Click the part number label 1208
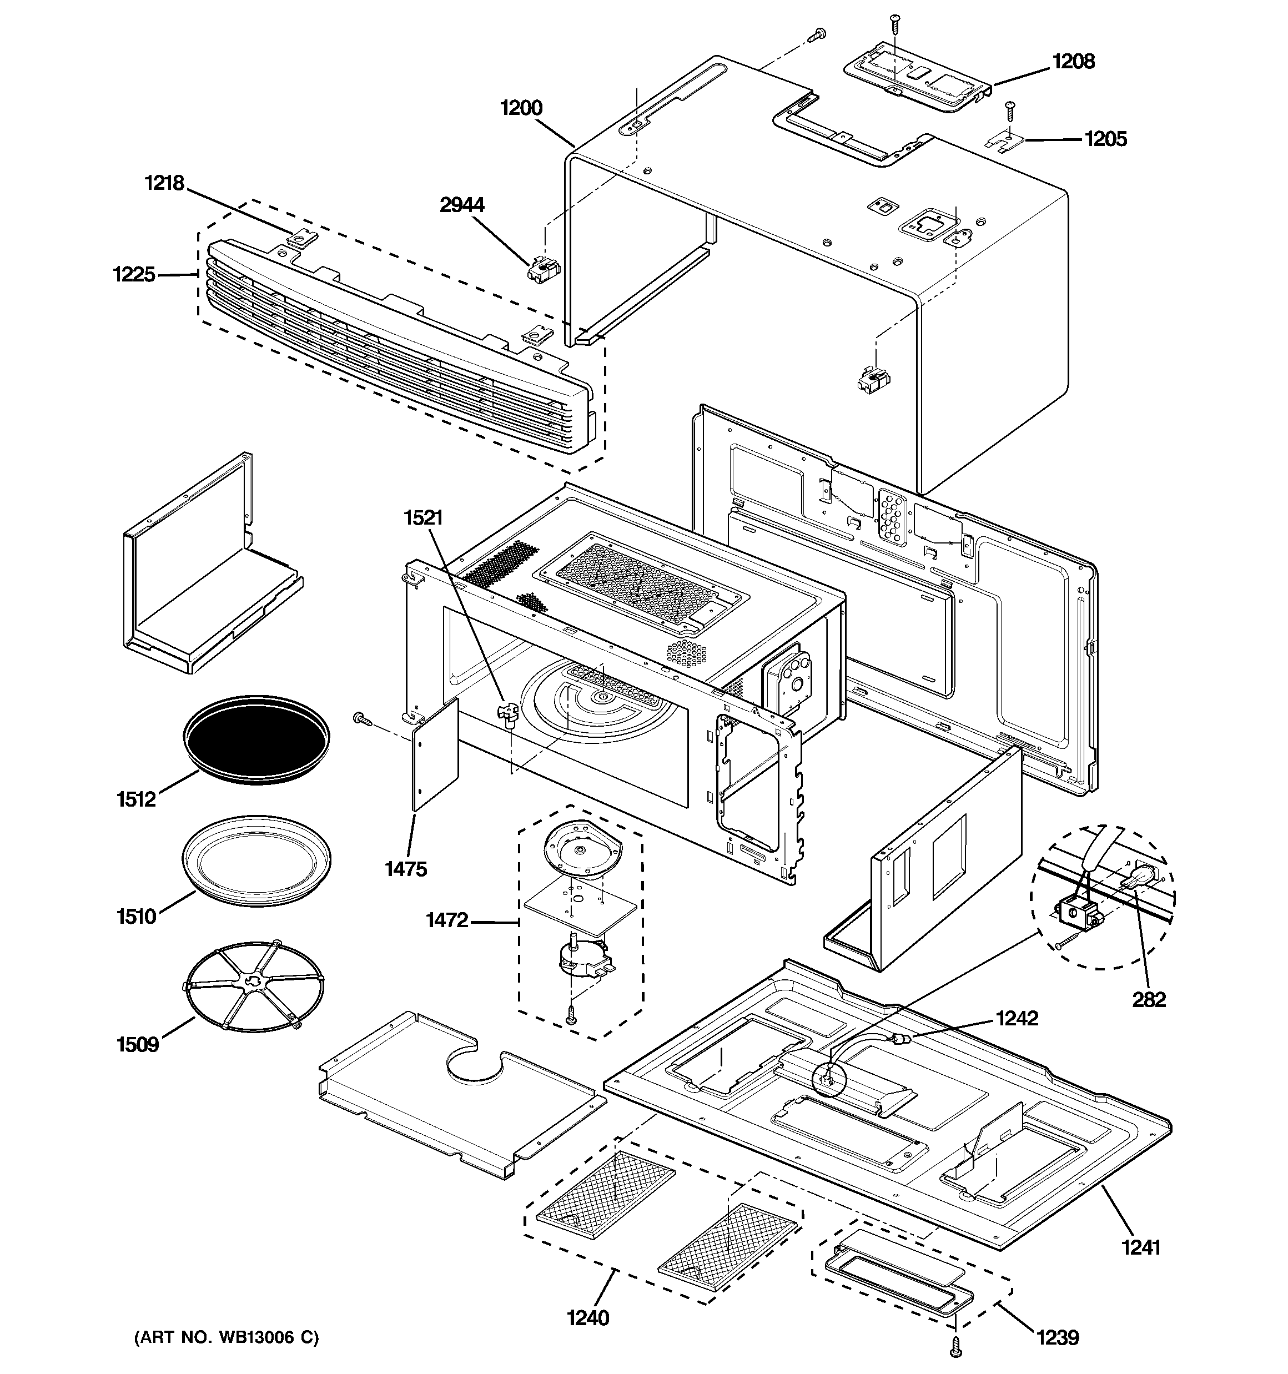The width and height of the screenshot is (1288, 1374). (x=1073, y=62)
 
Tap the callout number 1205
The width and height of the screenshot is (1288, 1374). (x=1105, y=139)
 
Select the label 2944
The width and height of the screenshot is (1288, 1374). (x=462, y=205)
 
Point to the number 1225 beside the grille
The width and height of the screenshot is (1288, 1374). (x=134, y=274)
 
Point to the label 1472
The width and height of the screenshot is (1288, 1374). (x=446, y=920)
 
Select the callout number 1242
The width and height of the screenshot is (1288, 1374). (x=1017, y=1018)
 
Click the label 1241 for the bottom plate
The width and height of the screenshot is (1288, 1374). (x=1141, y=1247)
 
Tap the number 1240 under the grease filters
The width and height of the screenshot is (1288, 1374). (x=588, y=1318)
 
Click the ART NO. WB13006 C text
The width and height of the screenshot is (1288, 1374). (x=226, y=1337)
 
